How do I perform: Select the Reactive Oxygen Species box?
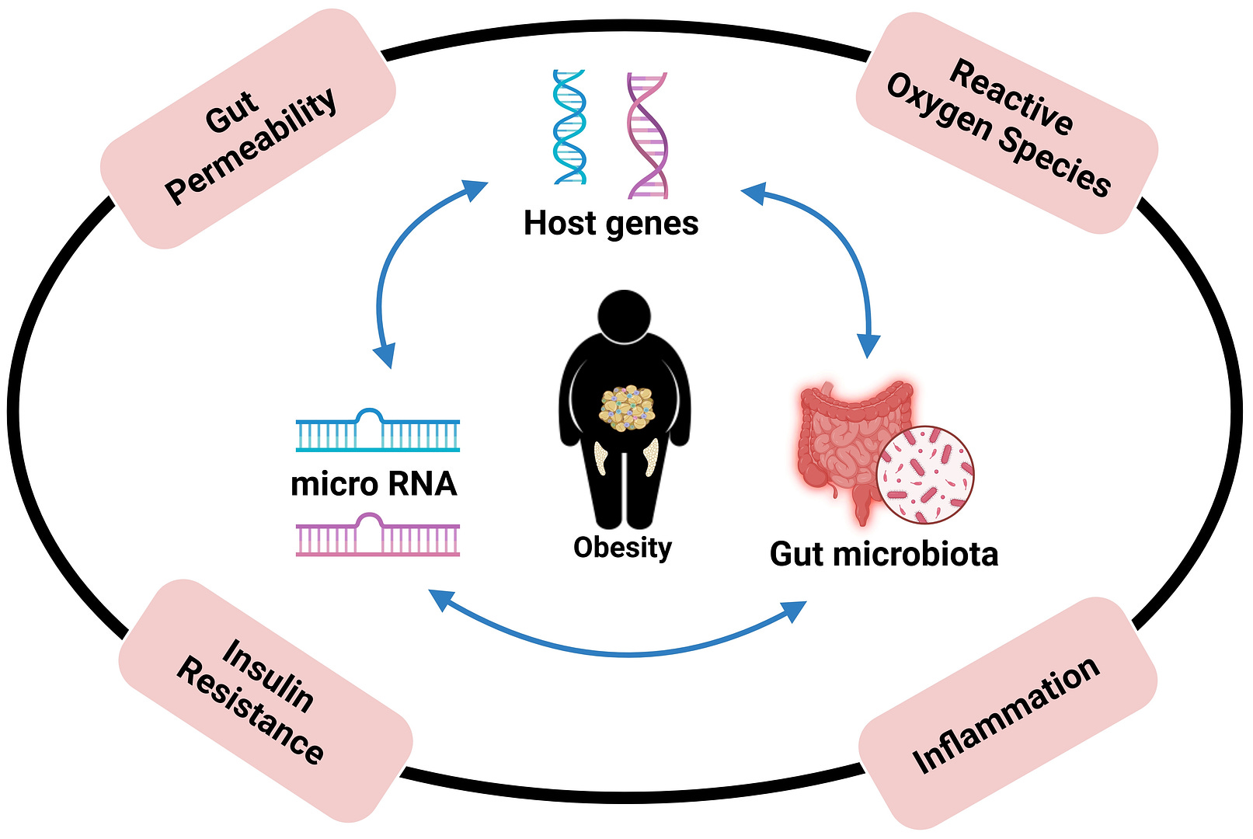coord(1007,123)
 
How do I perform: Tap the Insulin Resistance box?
coord(265,700)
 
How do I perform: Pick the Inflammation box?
coord(1008,712)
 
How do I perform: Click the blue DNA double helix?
coord(569,127)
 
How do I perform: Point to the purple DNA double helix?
coord(647,135)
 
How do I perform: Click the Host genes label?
coord(611,224)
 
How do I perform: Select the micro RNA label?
coord(374,484)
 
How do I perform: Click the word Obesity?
coord(622,548)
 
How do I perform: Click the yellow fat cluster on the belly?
coord(626,407)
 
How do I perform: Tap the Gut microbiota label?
coord(883,555)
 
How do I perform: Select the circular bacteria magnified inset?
coord(924,474)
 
